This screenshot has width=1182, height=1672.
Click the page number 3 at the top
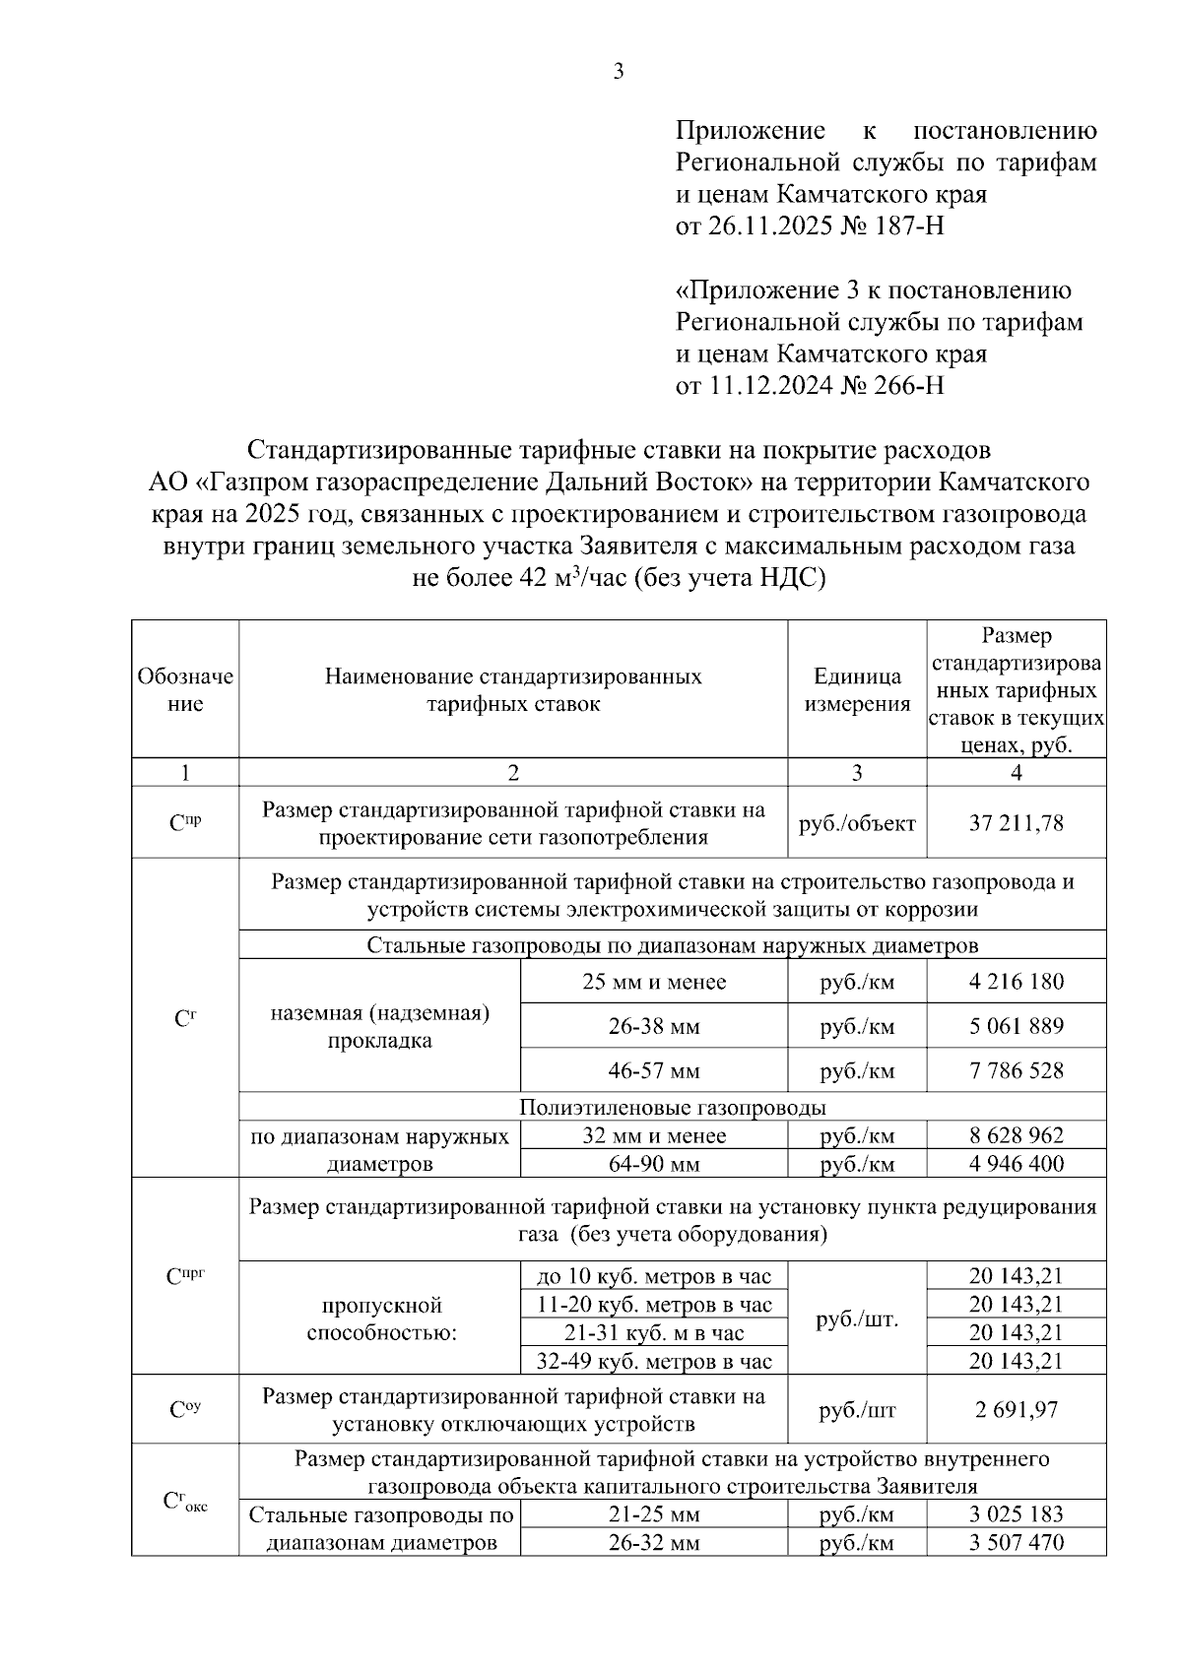619,71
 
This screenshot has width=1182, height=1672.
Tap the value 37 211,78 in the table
1017,823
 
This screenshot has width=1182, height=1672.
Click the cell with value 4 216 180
1017,982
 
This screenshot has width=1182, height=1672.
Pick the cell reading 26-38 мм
654,1026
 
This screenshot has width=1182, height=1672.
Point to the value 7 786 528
1017,1070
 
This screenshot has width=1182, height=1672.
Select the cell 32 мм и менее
654,1135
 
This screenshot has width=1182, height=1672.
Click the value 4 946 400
1017,1164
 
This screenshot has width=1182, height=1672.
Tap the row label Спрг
185,1276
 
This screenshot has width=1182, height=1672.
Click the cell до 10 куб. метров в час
654,1277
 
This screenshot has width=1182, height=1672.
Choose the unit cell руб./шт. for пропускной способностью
857,1319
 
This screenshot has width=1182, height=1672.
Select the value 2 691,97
1017,1410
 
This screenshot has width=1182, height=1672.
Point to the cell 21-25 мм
654,1514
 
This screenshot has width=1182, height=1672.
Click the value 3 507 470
1017,1543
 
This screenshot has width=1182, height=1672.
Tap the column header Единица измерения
857,689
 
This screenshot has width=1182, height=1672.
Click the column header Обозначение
185,689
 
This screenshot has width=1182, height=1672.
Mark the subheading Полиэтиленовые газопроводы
672,1108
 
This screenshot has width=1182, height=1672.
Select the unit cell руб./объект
857,823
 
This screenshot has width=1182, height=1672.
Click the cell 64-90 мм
654,1164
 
